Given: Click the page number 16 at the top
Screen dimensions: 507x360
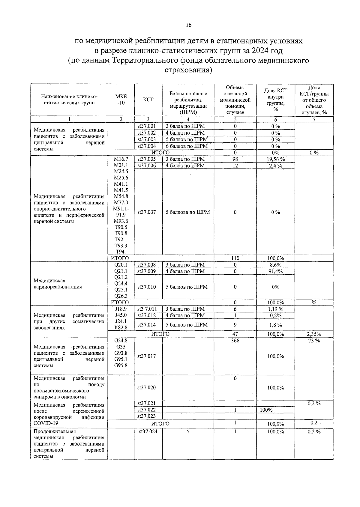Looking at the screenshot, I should tap(188, 25).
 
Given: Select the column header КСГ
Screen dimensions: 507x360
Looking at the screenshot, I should tap(148, 100).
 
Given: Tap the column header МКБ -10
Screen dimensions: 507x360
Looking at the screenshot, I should tap(121, 100).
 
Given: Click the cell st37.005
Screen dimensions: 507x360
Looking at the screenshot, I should tap(147, 159).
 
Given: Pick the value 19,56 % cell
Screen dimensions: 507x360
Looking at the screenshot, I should tap(276, 160).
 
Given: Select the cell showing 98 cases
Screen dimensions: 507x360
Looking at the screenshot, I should tap(235, 159).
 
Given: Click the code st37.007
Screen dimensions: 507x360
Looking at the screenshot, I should tap(147, 212).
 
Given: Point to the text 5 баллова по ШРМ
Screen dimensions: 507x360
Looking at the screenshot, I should tap(188, 212).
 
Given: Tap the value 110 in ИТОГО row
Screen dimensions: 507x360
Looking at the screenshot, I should tap(235, 258).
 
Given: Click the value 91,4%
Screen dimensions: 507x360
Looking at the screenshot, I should tap(276, 271).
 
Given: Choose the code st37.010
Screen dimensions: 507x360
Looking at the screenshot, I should tap(147, 287).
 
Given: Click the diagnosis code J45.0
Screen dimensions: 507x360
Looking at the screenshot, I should tap(121, 315).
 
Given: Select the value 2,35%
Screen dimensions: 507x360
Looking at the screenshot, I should tap(314, 334).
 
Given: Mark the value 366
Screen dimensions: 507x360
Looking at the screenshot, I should tap(235, 341).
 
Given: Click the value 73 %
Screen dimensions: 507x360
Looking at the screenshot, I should tap(314, 341).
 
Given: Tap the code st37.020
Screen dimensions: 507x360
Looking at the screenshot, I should tap(147, 388).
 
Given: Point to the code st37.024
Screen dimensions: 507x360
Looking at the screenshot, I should tap(148, 431).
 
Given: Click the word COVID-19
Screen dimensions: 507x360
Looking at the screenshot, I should tap(46, 423).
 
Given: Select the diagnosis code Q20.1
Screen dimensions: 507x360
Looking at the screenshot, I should tap(121, 265).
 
